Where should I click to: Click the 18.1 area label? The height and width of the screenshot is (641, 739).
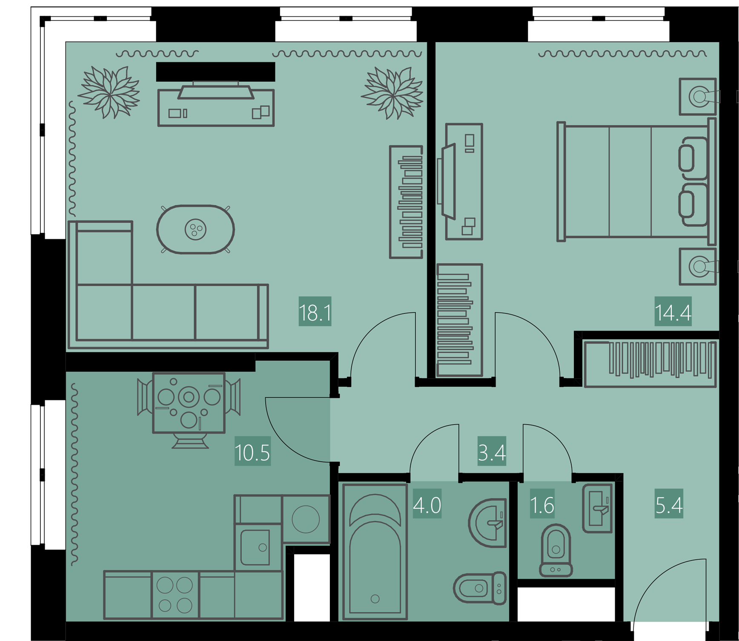pyautogui.click(x=315, y=313)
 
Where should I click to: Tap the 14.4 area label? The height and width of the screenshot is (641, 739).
pyautogui.click(x=673, y=313)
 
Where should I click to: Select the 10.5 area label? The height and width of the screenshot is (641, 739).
pyautogui.click(x=252, y=452)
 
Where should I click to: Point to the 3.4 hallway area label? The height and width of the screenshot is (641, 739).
pyautogui.click(x=492, y=452)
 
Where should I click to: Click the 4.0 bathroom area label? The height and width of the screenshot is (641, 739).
pyautogui.click(x=427, y=505)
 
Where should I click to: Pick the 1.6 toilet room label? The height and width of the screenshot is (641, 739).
pyautogui.click(x=542, y=505)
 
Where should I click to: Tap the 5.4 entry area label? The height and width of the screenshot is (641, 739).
pyautogui.click(x=669, y=505)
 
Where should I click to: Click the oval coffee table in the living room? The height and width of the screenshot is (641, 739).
pyautogui.click(x=195, y=230)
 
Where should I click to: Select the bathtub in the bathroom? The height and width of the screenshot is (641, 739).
pyautogui.click(x=375, y=552)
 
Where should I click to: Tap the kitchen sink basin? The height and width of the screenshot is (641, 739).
pyautogui.click(x=255, y=548)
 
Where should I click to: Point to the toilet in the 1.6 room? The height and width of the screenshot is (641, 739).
pyautogui.click(x=556, y=550)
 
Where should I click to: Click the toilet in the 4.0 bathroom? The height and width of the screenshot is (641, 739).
pyautogui.click(x=480, y=588)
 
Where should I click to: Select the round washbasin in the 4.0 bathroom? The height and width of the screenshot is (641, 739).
pyautogui.click(x=487, y=523)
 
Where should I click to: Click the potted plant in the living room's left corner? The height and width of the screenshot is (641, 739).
pyautogui.click(x=109, y=92)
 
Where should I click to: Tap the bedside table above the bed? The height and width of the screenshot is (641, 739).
pyautogui.click(x=698, y=97)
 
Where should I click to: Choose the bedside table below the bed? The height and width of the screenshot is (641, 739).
pyautogui.click(x=698, y=267)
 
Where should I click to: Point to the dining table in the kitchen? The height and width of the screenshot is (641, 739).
pyautogui.click(x=189, y=403)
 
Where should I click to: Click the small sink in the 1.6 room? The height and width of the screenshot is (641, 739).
pyautogui.click(x=598, y=508)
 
